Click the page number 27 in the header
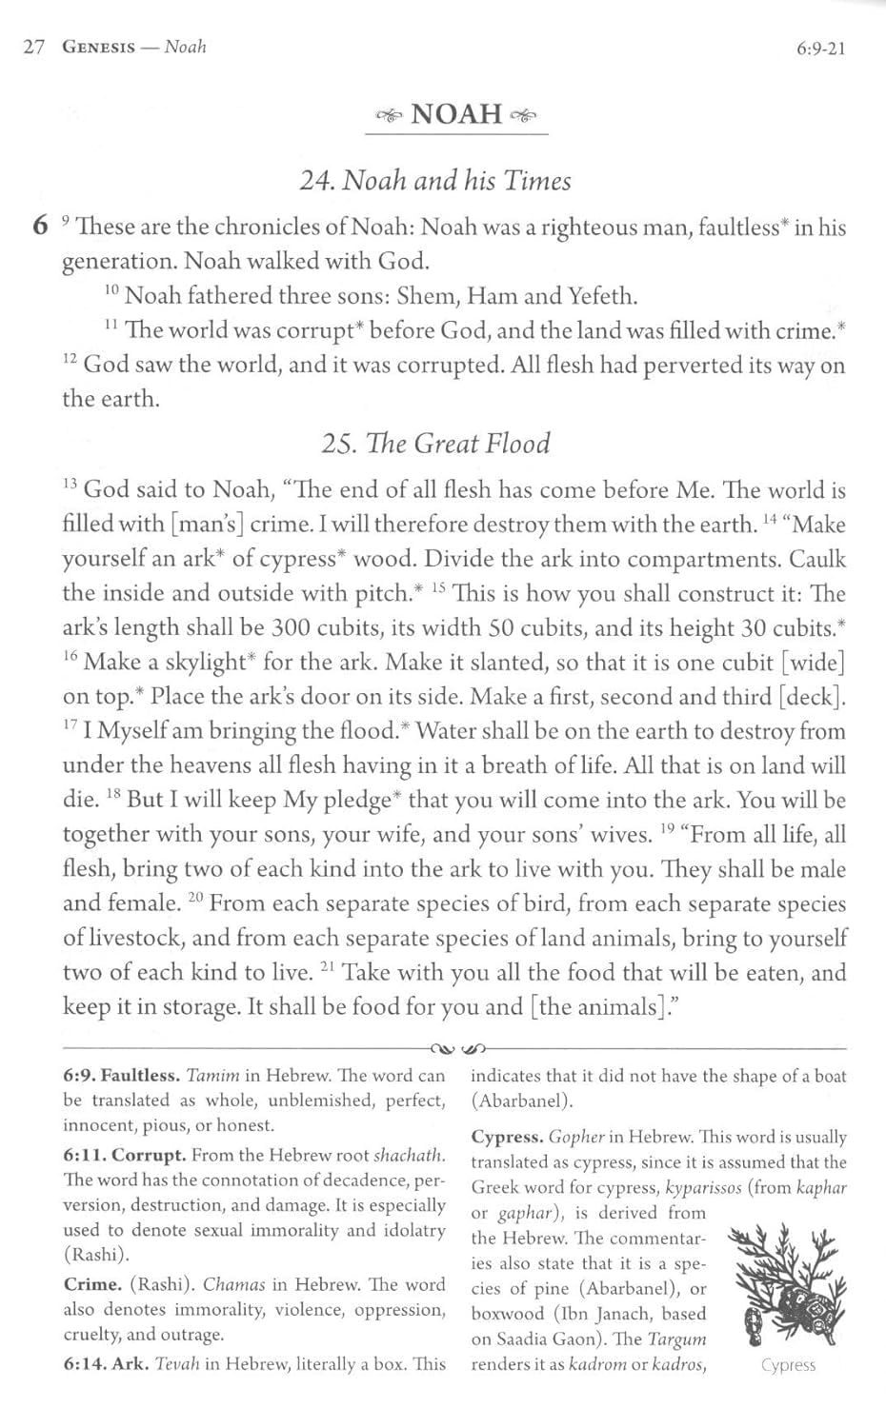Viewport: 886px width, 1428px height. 33,48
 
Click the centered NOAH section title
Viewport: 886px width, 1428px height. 456,114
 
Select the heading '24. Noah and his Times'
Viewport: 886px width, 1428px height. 435,180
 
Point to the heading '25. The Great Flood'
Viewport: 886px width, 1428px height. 435,444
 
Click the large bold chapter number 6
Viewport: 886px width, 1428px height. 39,227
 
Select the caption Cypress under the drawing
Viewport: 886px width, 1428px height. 788,1365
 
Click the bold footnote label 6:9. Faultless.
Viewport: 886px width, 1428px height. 121,1076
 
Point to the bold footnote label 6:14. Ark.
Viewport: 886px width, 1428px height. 105,1364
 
